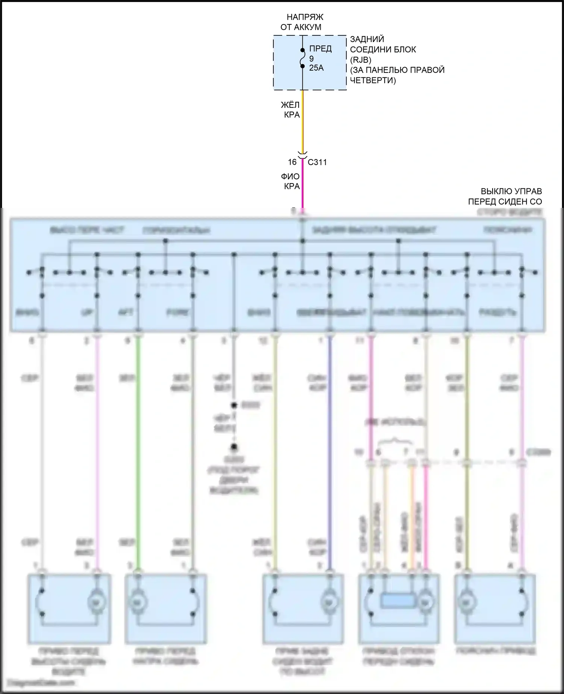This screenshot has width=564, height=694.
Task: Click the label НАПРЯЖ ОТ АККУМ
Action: coord(301,22)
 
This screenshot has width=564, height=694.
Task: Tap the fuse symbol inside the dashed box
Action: coord(302,58)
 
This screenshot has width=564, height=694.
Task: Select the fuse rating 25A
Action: coord(316,68)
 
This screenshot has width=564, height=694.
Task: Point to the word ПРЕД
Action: coord(320,48)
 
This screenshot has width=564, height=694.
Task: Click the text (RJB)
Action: coord(361,60)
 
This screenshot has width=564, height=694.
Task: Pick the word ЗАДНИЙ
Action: coord(367,39)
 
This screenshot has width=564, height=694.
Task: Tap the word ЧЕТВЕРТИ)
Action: coord(373,80)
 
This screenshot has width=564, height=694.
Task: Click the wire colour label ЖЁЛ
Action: coord(290,105)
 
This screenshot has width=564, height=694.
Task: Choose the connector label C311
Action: coord(317,162)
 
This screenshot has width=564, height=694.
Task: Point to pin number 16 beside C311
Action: coord(292,162)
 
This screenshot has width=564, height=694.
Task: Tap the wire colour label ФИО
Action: coord(290,176)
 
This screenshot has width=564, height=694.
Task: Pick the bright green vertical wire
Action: coord(138,451)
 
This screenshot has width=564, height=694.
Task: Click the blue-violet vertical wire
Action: coord(330,451)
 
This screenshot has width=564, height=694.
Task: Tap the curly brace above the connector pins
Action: coord(395,440)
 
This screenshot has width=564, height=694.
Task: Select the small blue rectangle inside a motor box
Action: coord(398,600)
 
